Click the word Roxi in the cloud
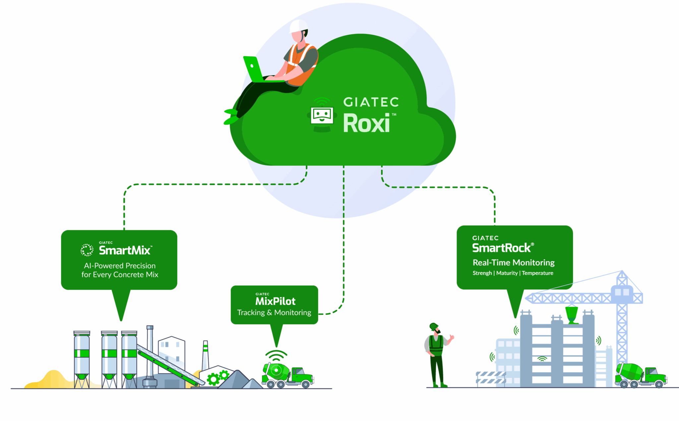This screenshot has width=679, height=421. tap(366, 123)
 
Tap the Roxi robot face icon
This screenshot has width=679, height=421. tap(322, 115)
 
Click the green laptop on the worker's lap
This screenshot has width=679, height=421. tap(254, 69)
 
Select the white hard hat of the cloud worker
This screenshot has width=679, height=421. tap(298, 26)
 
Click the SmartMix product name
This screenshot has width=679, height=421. tap(125, 250)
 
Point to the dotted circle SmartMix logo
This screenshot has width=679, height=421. tap(87, 250)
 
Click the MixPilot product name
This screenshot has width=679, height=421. tap(275, 301)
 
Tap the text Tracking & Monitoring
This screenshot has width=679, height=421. tap(274, 312)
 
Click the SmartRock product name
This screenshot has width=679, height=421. tap(501, 248)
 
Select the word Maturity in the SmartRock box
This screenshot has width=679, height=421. tap(507, 273)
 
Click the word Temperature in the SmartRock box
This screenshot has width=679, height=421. tap(537, 273)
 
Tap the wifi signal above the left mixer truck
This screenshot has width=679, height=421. tap(276, 355)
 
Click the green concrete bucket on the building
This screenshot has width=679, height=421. tap(572, 314)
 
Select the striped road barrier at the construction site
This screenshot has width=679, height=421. tap(491, 377)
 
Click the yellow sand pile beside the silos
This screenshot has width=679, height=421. tap(53, 379)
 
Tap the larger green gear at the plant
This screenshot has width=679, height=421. tap(213, 379)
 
